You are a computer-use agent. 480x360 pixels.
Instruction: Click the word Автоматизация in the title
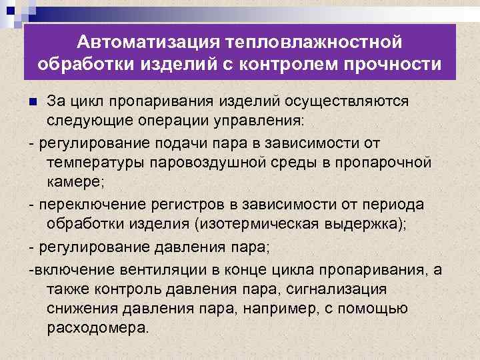[145, 43]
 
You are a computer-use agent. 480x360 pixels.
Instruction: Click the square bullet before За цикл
[35, 102]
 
